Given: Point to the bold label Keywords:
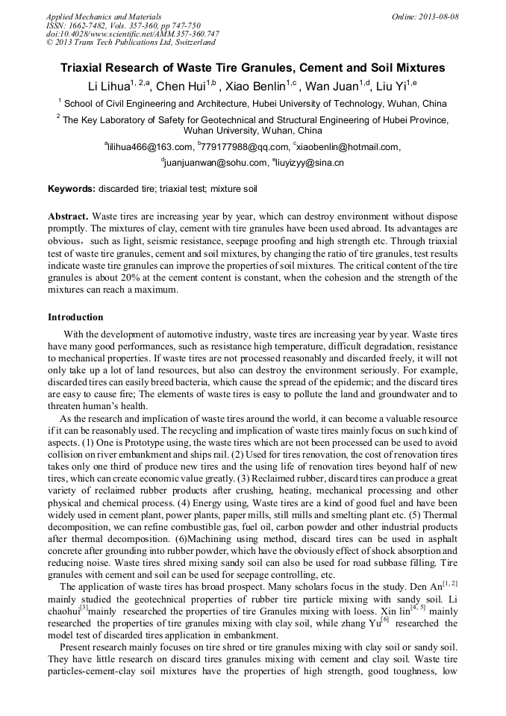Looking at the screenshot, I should tap(72, 190).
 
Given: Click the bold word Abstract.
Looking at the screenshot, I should tap(68, 216).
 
